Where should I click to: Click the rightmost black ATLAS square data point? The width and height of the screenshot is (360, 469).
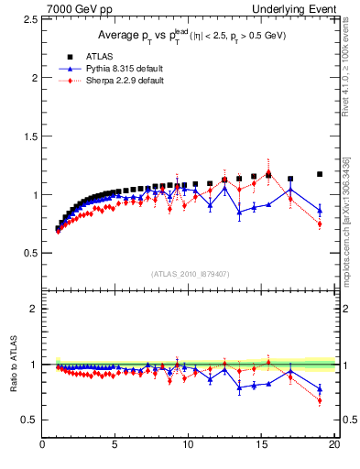[x=320, y=174]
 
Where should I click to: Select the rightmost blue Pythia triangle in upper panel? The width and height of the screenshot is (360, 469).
[x=320, y=210]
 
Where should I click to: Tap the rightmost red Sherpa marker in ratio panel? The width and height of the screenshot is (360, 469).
[x=320, y=400]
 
